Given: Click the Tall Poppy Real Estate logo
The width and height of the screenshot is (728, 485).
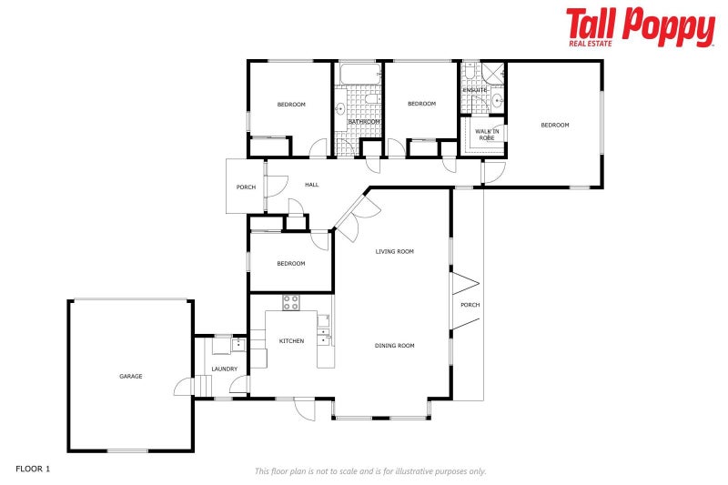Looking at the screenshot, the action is coord(641,27).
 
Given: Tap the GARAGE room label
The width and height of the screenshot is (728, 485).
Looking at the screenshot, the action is coord(131,377).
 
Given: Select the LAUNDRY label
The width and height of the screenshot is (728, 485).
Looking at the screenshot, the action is coord(225,369).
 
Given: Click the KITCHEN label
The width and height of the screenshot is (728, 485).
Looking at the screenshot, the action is coord(291,341).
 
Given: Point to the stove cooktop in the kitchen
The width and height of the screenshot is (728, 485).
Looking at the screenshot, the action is coord(291,303).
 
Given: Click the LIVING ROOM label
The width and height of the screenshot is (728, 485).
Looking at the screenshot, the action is coord(395,251).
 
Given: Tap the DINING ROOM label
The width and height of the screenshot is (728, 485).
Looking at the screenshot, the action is coord(395,346).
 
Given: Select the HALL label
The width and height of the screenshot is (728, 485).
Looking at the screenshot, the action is coord(312,185).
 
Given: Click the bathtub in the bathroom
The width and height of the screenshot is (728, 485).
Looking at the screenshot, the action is coord(360,75).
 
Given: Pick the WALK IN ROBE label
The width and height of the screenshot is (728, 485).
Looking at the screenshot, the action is coord(487,135).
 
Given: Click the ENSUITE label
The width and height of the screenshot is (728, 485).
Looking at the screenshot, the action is coord(475,90).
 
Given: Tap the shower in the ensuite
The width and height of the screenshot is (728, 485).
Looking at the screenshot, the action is coord(492,73).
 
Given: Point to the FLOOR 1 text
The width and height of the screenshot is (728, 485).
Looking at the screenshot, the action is coord(33,469).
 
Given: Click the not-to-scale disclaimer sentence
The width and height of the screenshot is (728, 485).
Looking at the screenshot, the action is coord(370,471).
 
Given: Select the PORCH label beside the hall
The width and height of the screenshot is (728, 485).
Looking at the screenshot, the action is coord(246,187).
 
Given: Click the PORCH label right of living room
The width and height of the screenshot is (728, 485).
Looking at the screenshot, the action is coord(470,305).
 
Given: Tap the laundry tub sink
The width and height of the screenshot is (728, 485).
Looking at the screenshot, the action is coord(238,345).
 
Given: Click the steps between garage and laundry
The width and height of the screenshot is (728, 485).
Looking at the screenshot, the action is coord(202,386).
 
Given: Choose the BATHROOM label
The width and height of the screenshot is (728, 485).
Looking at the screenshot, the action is coord(364,122).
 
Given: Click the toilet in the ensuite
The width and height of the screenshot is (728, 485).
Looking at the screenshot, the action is coord(469,72).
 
